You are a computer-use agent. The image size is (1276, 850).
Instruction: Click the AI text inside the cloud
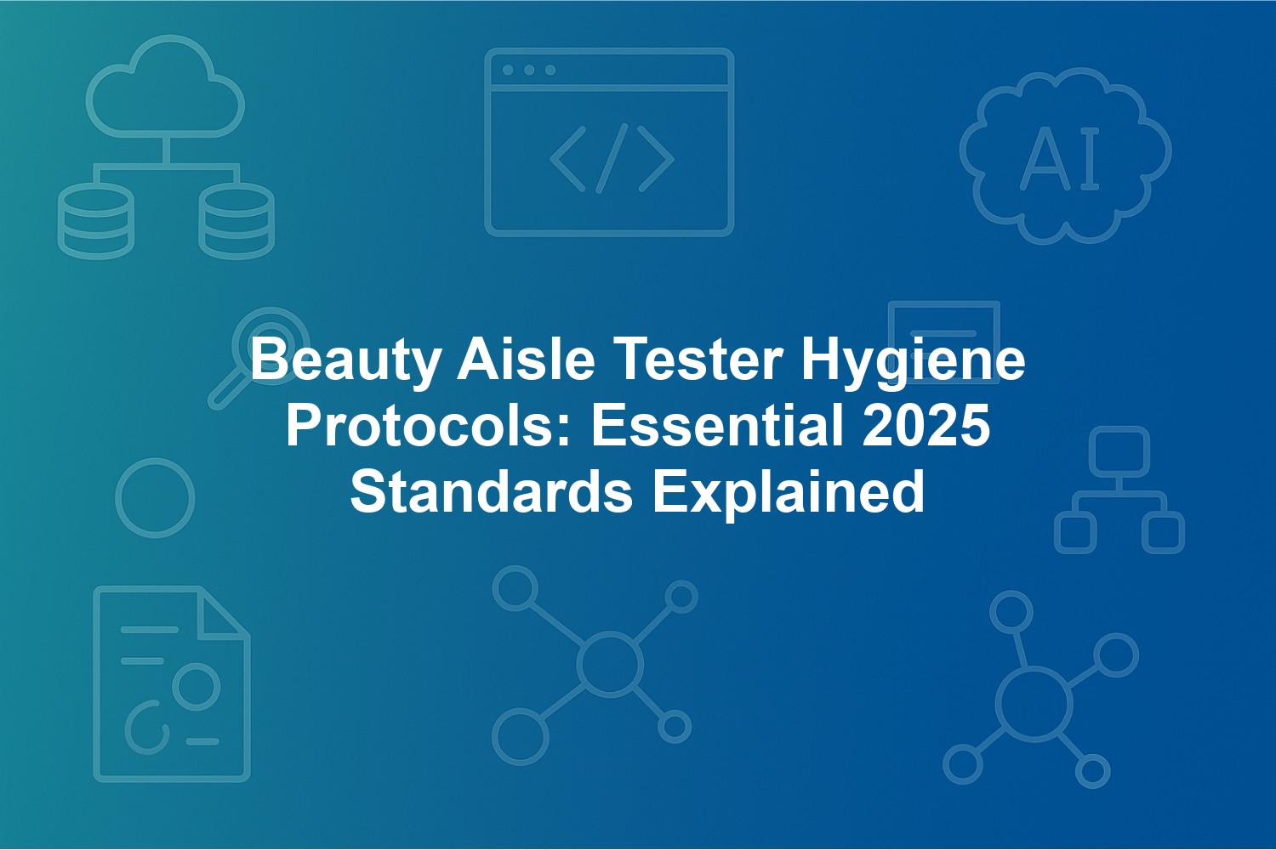[x=1061, y=158]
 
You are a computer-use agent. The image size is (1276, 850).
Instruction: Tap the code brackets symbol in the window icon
[x=612, y=158]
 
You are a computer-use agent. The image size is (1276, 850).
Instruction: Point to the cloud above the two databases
[x=166, y=87]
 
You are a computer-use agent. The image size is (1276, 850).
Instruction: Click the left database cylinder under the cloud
[x=95, y=221]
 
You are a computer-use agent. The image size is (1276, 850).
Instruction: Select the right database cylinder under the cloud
[x=236, y=221]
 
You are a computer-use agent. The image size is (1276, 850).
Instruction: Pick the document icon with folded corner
[x=172, y=683]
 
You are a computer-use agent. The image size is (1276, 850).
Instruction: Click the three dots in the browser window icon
[x=529, y=70]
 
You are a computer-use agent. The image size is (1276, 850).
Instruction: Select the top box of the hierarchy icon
[x=1119, y=452]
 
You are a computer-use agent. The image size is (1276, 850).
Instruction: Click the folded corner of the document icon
[x=223, y=614]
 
